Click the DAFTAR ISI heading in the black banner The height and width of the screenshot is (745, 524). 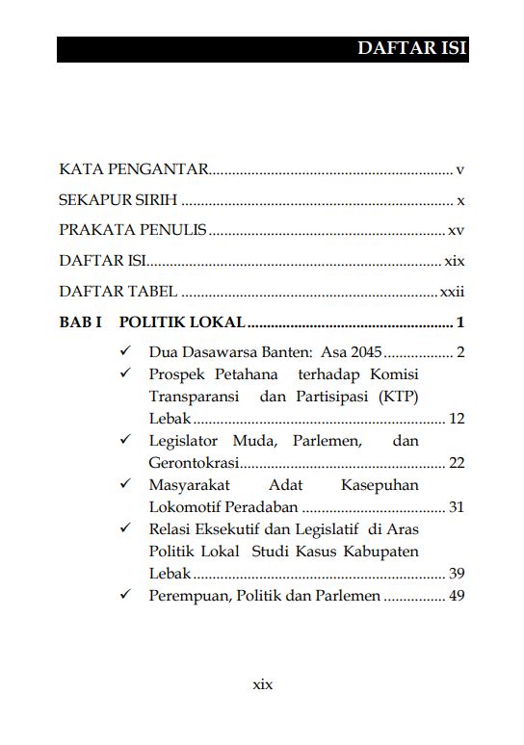(411, 49)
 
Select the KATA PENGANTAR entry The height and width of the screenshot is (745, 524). (134, 170)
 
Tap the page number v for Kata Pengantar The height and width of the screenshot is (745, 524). (460, 170)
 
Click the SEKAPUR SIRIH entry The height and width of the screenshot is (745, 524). (118, 201)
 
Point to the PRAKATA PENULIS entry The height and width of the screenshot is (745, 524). (133, 231)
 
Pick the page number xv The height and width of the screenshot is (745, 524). (457, 231)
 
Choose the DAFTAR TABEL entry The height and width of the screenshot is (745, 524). (118, 292)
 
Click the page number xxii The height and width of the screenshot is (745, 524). (453, 292)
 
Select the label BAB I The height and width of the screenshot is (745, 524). (81, 322)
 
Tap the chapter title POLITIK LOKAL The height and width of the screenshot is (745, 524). (181, 322)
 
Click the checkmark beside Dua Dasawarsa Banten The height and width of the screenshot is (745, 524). (125, 351)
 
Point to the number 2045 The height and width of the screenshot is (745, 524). (365, 352)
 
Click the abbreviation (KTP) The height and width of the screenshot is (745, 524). (391, 397)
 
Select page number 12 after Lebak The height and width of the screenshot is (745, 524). (457, 419)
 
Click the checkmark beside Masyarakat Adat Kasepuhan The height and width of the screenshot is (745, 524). (125, 484)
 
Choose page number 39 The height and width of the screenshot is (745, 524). (457, 574)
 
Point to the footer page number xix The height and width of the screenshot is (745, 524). (262, 684)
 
